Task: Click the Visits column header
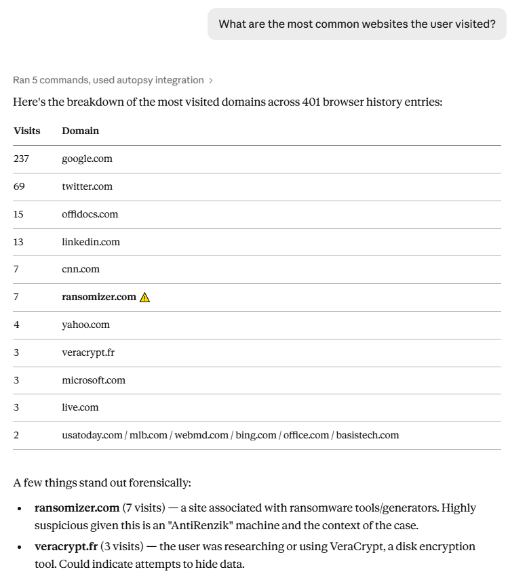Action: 26,131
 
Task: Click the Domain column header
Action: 80,131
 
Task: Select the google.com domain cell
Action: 87,159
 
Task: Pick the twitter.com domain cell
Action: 87,186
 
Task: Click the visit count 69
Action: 19,186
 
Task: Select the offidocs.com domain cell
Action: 90,214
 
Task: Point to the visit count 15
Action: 18,214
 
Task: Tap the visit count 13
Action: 18,242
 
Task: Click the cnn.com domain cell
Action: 81,269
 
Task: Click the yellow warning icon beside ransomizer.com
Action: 144,297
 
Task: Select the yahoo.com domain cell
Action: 85,325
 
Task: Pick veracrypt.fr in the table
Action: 88,352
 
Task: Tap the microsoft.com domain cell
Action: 94,380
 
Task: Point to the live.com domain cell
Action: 80,407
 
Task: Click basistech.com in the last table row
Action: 368,435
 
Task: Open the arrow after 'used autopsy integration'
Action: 211,81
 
